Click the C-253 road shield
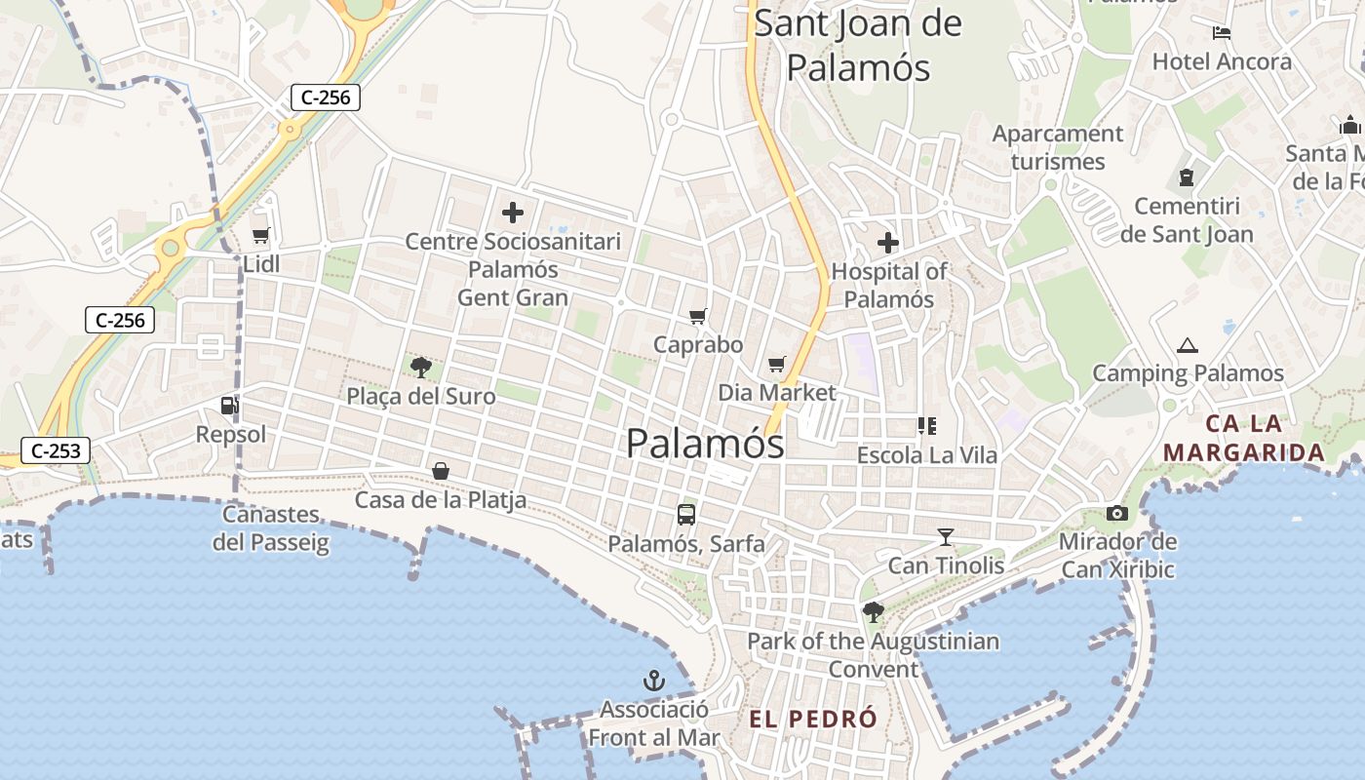coord(56,450)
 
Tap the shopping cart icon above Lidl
coord(260,235)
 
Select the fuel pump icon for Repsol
coord(230,406)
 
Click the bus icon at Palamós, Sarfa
coord(686,515)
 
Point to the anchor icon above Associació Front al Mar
coord(654,681)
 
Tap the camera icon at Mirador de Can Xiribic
coord(1117,513)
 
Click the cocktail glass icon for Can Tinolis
coord(945,536)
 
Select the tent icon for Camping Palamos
coord(1187,345)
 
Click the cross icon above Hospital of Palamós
coord(888,242)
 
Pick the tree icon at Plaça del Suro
coord(421,368)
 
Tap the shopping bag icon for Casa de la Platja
coord(441,471)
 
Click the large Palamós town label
coord(705,444)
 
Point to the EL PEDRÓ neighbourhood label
coord(813,720)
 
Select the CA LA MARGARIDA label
coord(1244,438)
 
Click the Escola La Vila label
coord(927,454)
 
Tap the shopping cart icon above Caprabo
coord(697,316)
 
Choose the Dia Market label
coord(777,392)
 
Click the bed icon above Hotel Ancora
coord(1222,32)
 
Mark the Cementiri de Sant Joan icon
coord(1187,177)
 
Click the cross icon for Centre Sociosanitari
coord(512,212)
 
